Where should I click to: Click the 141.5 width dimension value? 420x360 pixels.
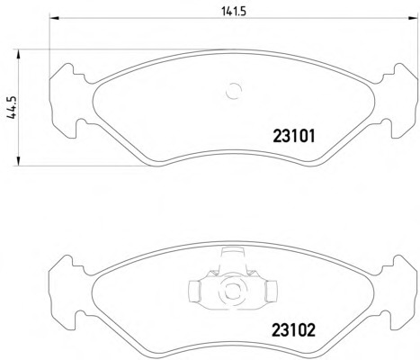click(234, 12)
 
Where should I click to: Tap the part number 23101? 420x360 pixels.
click(294, 136)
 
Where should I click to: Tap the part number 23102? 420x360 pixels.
click(294, 330)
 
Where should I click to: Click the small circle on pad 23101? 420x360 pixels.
click(234, 91)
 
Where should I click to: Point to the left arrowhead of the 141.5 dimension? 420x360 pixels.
click(54, 18)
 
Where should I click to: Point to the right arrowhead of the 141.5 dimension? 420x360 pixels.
click(413, 18)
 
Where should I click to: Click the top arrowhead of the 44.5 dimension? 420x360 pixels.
click(19, 55)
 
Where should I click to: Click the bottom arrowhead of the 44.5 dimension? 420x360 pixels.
click(19, 160)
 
